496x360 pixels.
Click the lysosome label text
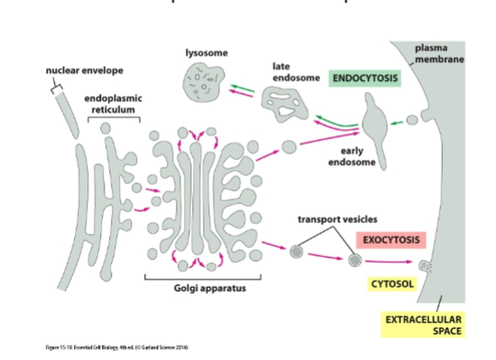click(x=206, y=53)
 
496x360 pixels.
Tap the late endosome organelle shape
click(x=285, y=106)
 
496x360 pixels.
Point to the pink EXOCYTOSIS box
click(x=390, y=240)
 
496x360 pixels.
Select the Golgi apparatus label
click(x=208, y=288)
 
